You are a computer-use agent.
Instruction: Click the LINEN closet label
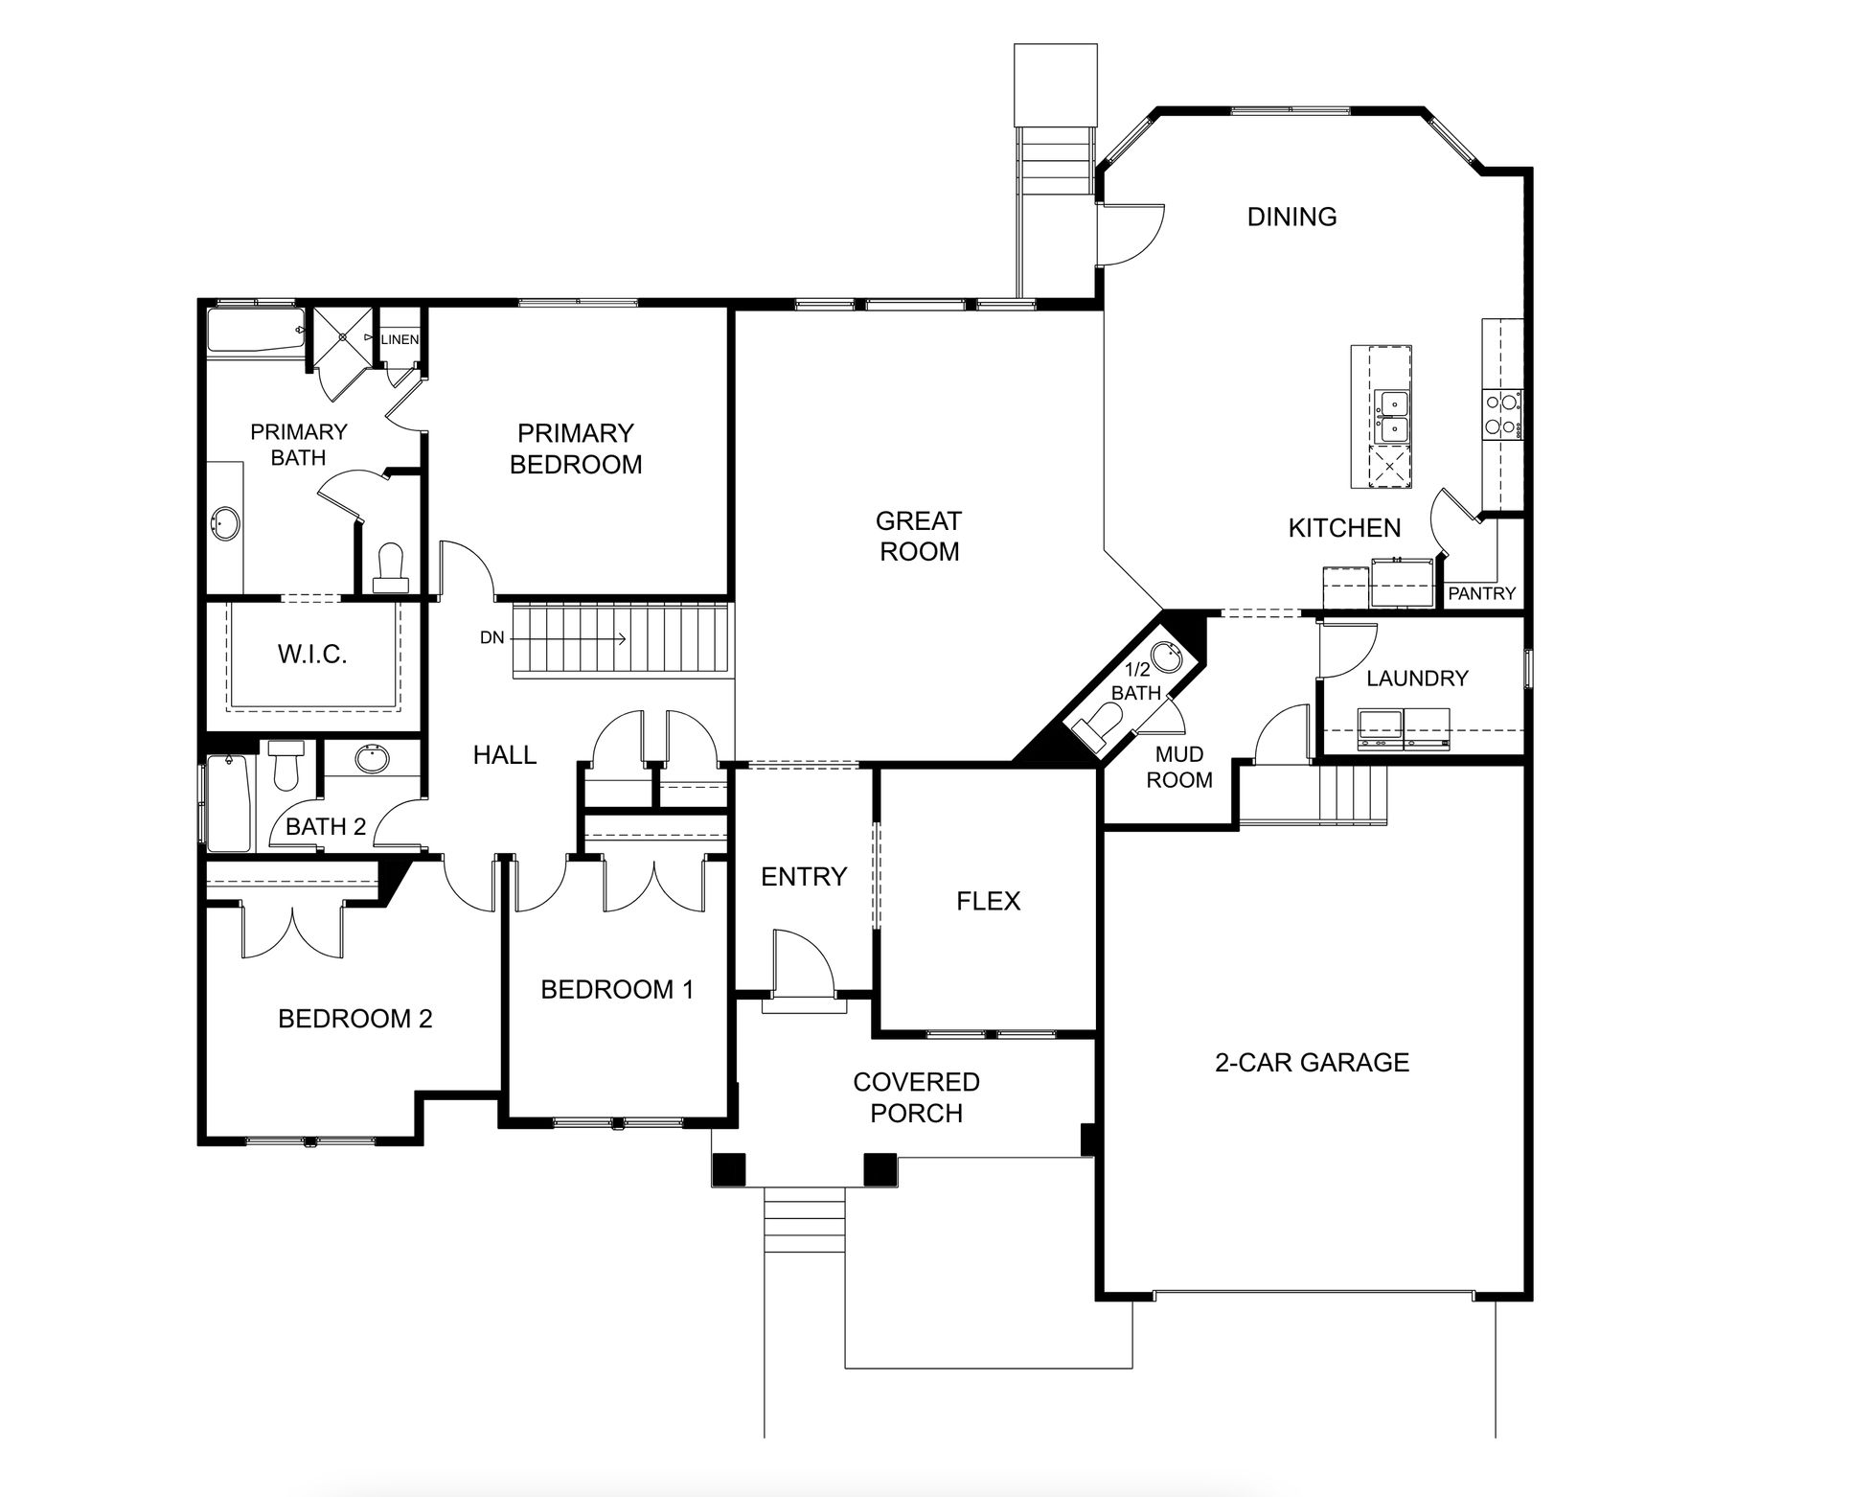point(400,339)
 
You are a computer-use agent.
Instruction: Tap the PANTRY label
point(1481,593)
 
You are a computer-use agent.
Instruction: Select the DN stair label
point(492,637)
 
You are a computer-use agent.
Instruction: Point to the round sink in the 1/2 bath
point(1165,657)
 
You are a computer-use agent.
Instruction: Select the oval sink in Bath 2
point(372,759)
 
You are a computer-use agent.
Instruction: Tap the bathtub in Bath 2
point(230,803)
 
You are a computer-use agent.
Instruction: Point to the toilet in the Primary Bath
point(391,568)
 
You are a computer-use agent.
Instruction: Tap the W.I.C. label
point(312,655)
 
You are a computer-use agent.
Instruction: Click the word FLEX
point(989,901)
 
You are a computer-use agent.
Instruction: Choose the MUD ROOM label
point(1179,768)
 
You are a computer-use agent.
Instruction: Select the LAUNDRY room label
point(1417,679)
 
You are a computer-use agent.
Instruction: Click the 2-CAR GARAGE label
point(1313,1062)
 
